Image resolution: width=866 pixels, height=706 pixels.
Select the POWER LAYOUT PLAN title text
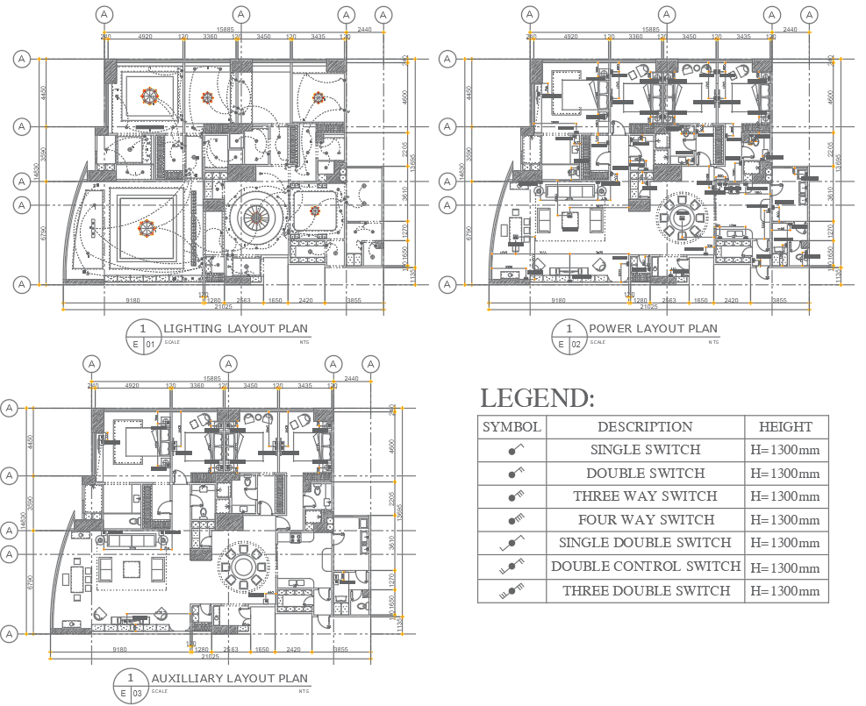653,329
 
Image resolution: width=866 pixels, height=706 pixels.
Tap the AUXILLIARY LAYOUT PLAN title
230,678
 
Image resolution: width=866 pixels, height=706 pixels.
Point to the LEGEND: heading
537,399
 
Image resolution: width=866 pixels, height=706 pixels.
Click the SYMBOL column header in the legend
512,427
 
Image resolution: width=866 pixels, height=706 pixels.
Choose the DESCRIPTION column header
645,427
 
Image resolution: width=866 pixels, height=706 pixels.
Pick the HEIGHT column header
785,427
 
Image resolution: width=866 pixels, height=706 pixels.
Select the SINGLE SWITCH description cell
645,450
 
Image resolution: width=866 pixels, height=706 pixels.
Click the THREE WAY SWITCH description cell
645,496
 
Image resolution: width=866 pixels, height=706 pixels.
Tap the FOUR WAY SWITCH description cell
645,520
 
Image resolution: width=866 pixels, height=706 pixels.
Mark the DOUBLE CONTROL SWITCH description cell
645,567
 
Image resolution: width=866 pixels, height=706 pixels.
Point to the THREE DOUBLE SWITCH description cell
645,590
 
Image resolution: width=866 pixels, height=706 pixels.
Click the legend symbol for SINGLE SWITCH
512,450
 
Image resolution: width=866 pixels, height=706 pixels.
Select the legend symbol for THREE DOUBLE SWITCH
512,591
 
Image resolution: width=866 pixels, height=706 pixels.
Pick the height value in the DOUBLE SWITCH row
785,474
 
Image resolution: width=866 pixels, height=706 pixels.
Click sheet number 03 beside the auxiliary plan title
139,694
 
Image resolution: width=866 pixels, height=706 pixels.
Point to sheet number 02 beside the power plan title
576,345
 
